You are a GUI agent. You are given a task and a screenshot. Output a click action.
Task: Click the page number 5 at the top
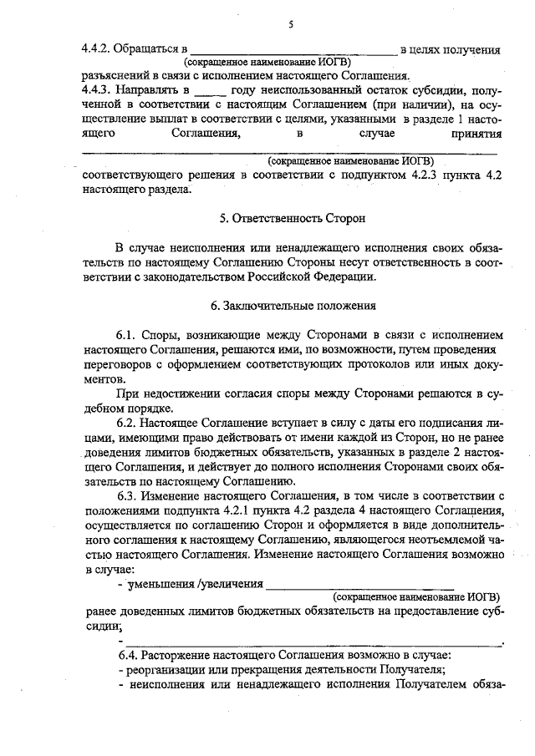point(290,24)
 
